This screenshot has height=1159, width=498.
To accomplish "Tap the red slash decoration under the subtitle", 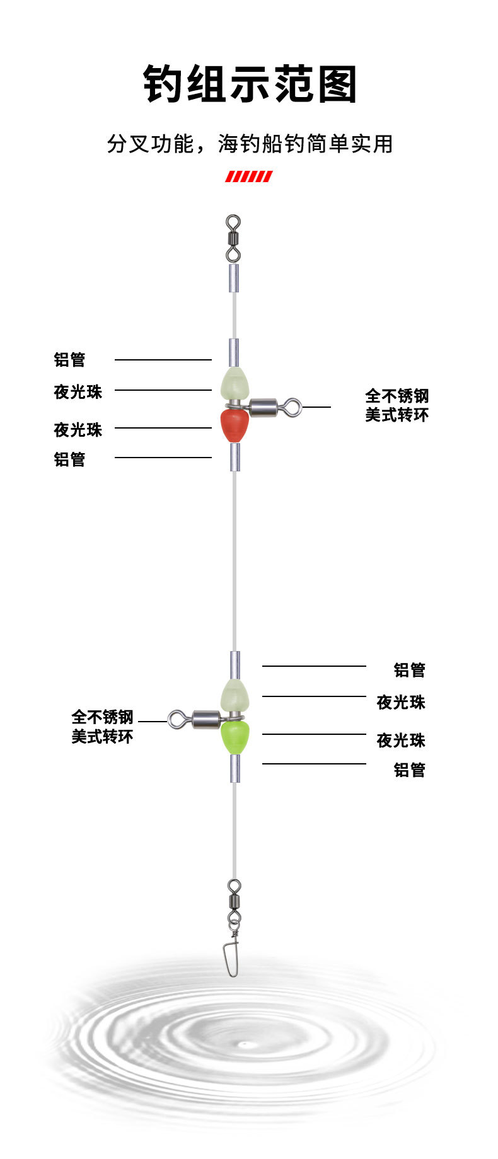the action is [x=249, y=176].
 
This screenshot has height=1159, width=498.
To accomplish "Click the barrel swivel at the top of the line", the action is [x=233, y=238].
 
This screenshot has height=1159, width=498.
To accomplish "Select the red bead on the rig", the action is [x=234, y=425].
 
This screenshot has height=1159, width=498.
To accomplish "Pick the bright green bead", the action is [x=235, y=737].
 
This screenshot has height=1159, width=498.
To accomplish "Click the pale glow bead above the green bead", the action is [x=235, y=696].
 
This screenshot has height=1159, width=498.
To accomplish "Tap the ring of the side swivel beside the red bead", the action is [x=292, y=407].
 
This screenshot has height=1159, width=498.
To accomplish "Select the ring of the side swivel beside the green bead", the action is [x=177, y=718].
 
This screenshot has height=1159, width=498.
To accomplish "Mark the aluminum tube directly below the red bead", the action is [x=234, y=457].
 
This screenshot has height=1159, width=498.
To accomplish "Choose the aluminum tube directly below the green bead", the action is [x=235, y=769].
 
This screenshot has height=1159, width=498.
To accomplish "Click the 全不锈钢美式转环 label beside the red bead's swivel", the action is [x=397, y=405].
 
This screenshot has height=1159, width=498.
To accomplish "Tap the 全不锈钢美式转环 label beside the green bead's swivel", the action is [x=102, y=727].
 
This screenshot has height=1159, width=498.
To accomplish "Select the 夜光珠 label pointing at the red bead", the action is [x=78, y=430].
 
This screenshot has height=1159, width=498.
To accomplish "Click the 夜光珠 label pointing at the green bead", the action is [x=401, y=740].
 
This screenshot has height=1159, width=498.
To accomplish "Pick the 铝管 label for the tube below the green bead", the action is [x=410, y=770].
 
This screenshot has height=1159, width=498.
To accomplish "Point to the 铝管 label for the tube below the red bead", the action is [x=69, y=459].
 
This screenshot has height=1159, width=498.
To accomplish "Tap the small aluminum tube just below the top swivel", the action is [x=234, y=278].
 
